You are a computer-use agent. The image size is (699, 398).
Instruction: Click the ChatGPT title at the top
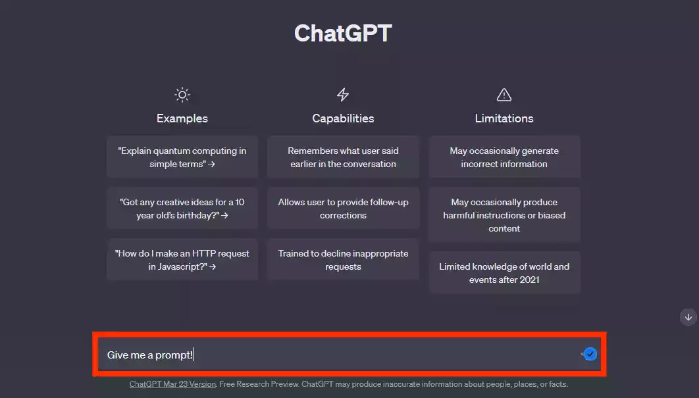[343, 34]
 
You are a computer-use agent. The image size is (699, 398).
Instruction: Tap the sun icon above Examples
[182, 95]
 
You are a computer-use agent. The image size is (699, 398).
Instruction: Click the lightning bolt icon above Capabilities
[343, 95]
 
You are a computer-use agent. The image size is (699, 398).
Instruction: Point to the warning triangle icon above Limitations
[504, 95]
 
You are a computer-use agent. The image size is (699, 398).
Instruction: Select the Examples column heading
[182, 118]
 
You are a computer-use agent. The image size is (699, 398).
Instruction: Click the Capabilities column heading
[343, 118]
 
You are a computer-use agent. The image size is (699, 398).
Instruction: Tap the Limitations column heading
[504, 118]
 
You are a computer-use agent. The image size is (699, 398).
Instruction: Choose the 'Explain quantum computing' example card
[182, 157]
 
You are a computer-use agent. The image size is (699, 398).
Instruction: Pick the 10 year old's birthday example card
[182, 209]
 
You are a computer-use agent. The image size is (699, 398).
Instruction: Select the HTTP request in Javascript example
[182, 260]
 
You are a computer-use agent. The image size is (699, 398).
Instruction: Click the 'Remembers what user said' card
[343, 157]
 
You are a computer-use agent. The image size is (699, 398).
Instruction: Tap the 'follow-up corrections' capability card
[343, 209]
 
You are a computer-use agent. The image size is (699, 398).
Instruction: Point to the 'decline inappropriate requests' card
[343, 260]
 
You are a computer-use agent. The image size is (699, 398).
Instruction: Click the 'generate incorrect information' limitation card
[504, 157]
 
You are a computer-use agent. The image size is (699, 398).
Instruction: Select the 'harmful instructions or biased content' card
[504, 215]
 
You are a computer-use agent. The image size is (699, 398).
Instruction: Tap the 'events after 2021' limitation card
[504, 273]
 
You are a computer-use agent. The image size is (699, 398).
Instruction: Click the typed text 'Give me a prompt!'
[150, 355]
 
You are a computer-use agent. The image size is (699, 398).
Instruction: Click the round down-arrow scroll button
[688, 317]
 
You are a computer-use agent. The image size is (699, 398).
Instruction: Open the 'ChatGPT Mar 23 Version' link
[172, 384]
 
